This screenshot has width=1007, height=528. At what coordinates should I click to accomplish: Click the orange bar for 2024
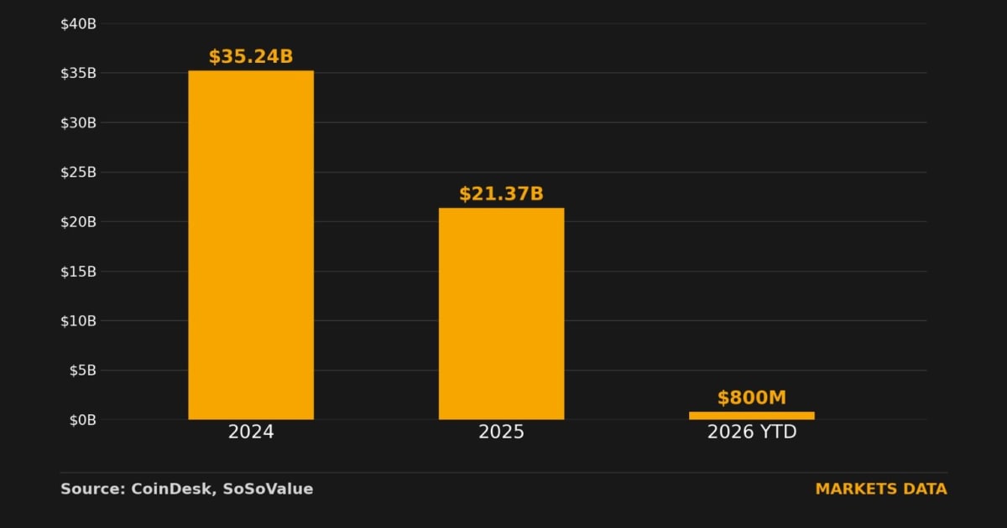point(251,245)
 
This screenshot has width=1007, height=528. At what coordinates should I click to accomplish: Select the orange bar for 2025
point(501,313)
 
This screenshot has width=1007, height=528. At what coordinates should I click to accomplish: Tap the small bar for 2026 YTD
point(752,416)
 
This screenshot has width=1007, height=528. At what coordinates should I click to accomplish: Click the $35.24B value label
point(251,57)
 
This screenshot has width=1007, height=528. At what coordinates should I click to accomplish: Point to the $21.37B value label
point(501,194)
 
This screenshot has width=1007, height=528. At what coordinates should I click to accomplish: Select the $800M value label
point(752,398)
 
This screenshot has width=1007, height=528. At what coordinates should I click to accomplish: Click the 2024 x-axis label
point(251,432)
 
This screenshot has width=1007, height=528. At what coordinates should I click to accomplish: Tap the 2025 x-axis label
point(501,432)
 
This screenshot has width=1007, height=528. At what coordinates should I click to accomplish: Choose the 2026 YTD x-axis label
point(752,432)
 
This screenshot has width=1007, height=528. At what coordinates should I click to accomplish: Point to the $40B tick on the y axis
point(78,23)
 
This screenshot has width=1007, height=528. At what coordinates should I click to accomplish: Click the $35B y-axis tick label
point(78,73)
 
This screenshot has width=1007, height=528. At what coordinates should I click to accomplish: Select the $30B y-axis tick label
point(78,122)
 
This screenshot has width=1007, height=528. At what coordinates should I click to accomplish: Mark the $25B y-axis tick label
point(78,172)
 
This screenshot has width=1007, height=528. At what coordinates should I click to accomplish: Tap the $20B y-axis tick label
point(78,222)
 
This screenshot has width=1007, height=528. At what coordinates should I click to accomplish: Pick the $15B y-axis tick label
point(78,272)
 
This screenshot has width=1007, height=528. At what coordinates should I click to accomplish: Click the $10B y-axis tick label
point(78,321)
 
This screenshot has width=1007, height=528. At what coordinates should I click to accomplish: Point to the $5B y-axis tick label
point(83,370)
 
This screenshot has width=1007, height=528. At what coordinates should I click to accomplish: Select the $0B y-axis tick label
point(83,420)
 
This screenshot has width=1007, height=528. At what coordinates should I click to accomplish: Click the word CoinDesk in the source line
point(171,489)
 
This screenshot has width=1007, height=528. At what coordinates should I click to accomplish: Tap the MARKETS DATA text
point(881,489)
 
